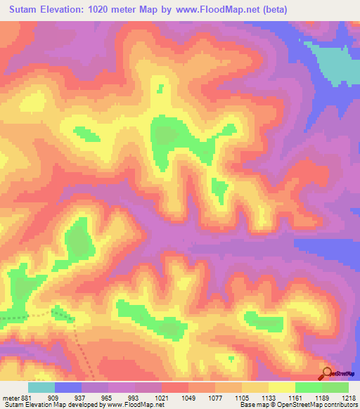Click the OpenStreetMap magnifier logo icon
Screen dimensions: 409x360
(x=327, y=373)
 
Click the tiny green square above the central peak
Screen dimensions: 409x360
(x=161, y=89)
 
